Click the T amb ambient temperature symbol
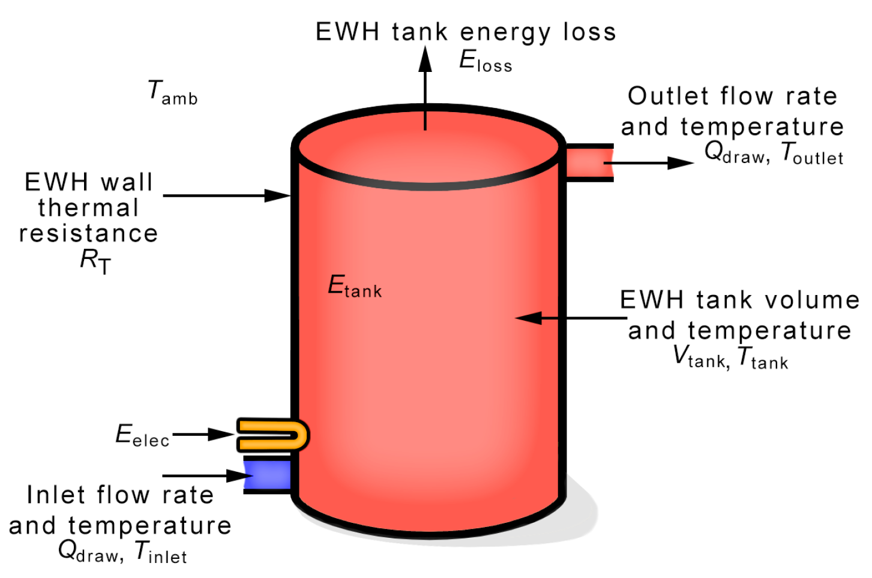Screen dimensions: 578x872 (x=172, y=93)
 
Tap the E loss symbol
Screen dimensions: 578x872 (x=485, y=61)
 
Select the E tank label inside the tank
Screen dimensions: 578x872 (x=354, y=286)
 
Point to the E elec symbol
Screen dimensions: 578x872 (x=142, y=435)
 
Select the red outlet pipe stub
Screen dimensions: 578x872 (x=589, y=162)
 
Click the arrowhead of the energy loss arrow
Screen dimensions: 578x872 (x=425, y=59)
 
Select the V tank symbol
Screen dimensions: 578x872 (x=700, y=357)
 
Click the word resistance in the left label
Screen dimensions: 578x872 (x=88, y=233)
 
